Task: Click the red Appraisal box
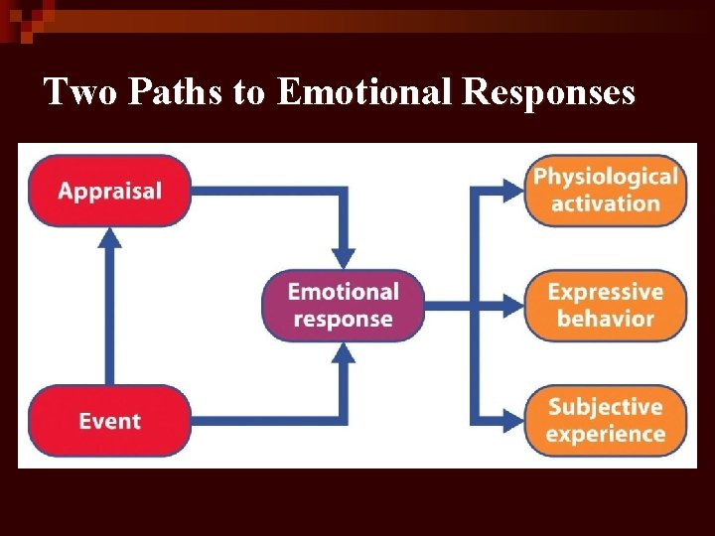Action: pos(109,191)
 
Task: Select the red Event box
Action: pos(109,421)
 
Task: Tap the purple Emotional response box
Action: pos(344,306)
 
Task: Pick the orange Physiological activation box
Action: pos(606,191)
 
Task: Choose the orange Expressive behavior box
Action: pos(606,306)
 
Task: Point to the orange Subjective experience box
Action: pos(606,421)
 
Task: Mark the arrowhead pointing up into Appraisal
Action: pos(109,239)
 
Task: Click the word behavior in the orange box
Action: pos(606,319)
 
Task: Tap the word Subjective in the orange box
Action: pos(606,407)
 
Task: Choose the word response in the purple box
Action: pos(344,320)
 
